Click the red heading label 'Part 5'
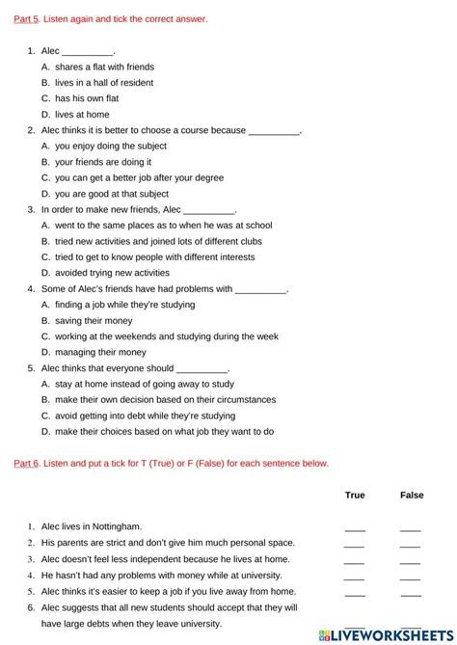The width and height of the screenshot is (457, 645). pos(26,18)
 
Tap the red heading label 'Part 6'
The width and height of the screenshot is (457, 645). pos(26,463)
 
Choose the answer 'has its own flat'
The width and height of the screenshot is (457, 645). pos(89,98)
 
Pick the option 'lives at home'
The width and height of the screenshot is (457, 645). pos(82,114)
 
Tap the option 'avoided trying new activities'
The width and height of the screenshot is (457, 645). pos(114,273)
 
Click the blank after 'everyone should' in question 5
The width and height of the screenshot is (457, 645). pos(202,369)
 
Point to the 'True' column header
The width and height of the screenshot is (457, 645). pos(355,496)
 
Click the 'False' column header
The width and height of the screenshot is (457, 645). pos(412,496)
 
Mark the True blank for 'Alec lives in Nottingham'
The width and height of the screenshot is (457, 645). pos(355,528)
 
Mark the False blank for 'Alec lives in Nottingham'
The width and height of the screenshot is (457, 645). pos(411,528)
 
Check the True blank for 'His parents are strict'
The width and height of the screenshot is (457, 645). pos(355,545)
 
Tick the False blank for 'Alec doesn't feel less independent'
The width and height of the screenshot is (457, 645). pos(411,560)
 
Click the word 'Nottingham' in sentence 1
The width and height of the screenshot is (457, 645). pos(117,526)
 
